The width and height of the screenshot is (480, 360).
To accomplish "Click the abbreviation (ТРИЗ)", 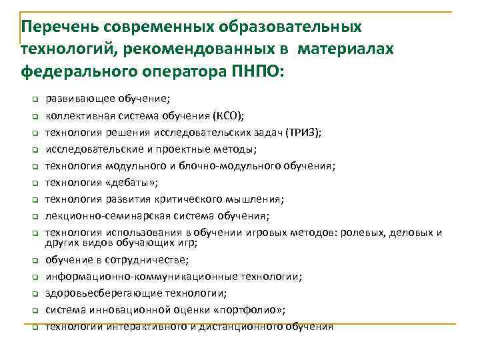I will [x=303, y=132].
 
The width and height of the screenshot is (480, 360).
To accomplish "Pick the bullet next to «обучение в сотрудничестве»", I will [x=32, y=260].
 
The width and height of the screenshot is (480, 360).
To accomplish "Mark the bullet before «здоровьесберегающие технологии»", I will [x=32, y=293].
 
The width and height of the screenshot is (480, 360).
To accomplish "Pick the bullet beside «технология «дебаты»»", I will [x=32, y=183].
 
